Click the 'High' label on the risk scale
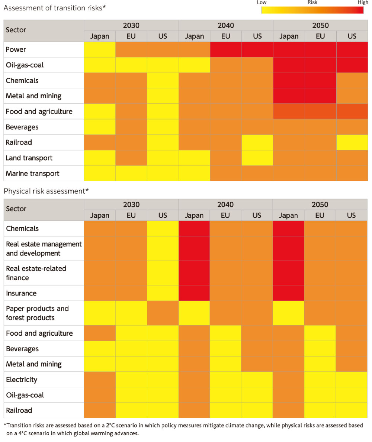[x=363, y=2]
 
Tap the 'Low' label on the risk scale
[x=262, y=2]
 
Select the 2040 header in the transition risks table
[x=225, y=26]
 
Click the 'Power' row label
[x=16, y=49]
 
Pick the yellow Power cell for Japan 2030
[x=100, y=49]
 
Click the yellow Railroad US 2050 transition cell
[x=352, y=142]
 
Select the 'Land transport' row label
[x=29, y=158]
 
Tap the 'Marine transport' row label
[x=32, y=174]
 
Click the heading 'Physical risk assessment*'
[x=46, y=191]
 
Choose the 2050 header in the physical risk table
[x=320, y=204]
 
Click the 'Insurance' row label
[x=21, y=293]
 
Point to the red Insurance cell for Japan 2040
[x=194, y=293]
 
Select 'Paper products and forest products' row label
[x=37, y=313]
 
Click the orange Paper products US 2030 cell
[x=163, y=313]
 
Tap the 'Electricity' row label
[x=22, y=380]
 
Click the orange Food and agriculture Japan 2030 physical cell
[x=100, y=333]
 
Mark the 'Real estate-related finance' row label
[x=36, y=273]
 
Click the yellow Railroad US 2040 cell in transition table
[x=257, y=142]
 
